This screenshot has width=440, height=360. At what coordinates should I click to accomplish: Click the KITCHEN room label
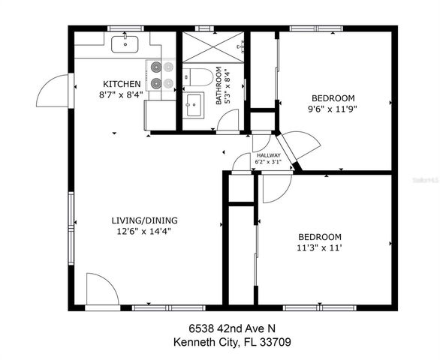click(122, 83)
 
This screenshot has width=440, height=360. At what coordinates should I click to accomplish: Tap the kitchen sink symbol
click(125, 44)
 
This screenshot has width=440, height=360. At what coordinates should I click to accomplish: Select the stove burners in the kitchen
click(157, 75)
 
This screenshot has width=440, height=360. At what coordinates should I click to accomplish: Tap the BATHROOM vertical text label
click(218, 85)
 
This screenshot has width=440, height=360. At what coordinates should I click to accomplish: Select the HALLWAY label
click(268, 155)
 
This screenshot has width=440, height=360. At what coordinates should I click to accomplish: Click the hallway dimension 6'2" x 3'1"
click(268, 162)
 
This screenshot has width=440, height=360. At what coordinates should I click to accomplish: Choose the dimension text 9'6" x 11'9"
click(333, 107)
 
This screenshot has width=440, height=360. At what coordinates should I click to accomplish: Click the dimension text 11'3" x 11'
click(320, 247)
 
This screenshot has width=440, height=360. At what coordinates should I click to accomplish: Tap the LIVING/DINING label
click(145, 220)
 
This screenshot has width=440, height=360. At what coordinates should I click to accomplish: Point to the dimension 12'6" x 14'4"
click(145, 231)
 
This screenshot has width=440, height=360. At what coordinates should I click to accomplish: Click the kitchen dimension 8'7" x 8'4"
click(122, 94)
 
